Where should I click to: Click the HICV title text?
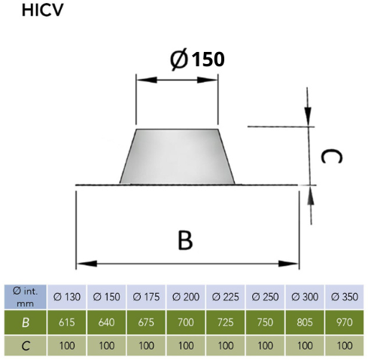[x=42, y=11]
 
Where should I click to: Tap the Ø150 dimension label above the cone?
[x=197, y=59]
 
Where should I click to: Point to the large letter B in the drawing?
[x=185, y=240]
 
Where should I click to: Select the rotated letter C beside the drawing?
[x=331, y=157]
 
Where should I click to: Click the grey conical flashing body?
[x=177, y=157]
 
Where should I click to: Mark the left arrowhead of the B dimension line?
[x=87, y=264]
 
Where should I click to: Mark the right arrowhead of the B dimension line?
[x=288, y=264]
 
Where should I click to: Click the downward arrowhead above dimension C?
[x=308, y=116]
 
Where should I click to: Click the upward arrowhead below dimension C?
[x=311, y=196]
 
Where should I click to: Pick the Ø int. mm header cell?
[x=26, y=297]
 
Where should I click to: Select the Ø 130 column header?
[x=67, y=297]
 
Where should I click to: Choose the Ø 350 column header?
[x=345, y=297]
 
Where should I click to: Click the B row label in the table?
[x=26, y=322]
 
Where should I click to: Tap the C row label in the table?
[x=26, y=346]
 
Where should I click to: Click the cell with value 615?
[x=67, y=322]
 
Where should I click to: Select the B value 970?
[x=345, y=322]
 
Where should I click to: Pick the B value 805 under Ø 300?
[x=305, y=322]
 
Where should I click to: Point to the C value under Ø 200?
[x=186, y=346]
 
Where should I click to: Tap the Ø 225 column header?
[x=225, y=297]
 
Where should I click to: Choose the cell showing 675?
[x=146, y=322]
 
